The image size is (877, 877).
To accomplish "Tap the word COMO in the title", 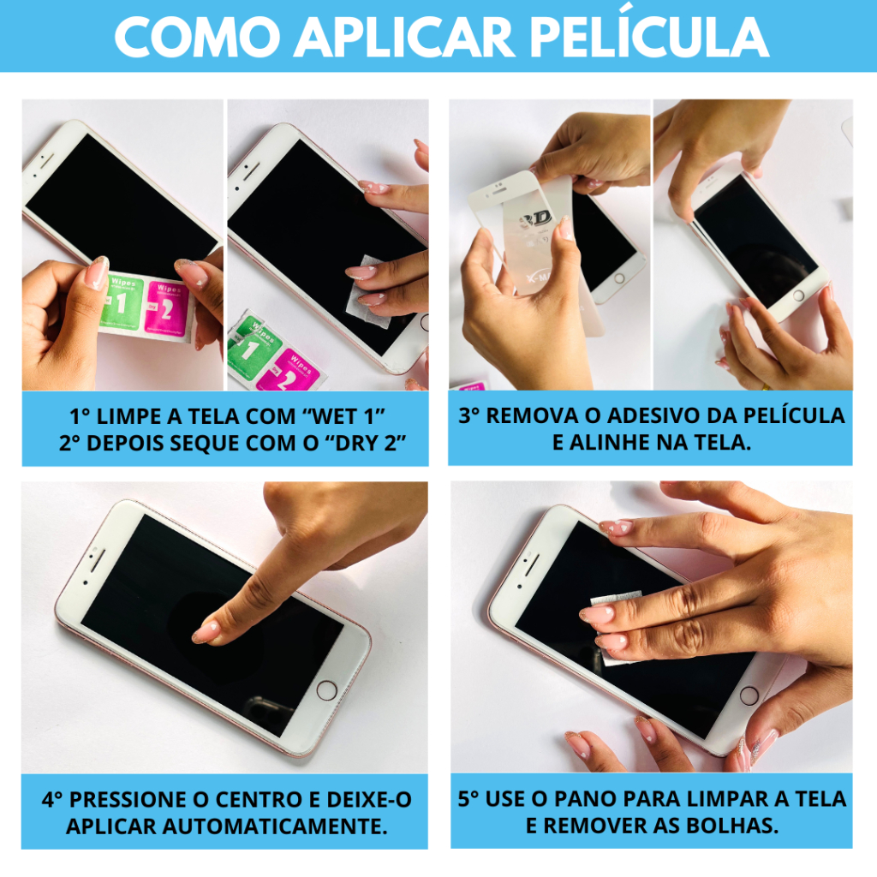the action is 198,37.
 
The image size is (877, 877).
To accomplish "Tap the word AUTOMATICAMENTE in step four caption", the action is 275,826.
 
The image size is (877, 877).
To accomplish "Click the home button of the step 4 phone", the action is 326,691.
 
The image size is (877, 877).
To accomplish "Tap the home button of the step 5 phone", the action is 749,696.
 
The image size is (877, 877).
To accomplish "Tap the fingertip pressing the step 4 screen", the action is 206,633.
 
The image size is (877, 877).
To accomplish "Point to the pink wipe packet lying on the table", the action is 290,372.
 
